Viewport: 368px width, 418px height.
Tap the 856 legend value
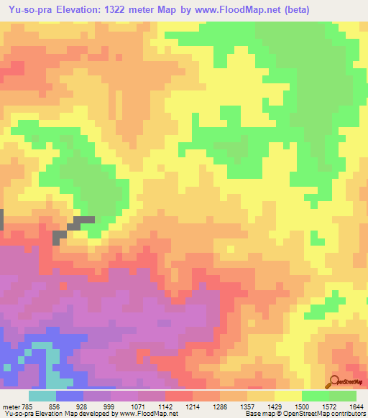[x=56, y=406]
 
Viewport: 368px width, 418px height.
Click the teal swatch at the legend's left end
[x=42, y=396]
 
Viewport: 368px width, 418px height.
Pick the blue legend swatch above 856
[x=70, y=396]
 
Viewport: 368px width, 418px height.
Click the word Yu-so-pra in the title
[x=29, y=9]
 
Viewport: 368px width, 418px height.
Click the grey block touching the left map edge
[x=2, y=219]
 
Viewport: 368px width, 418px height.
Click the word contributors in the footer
[x=345, y=414]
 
